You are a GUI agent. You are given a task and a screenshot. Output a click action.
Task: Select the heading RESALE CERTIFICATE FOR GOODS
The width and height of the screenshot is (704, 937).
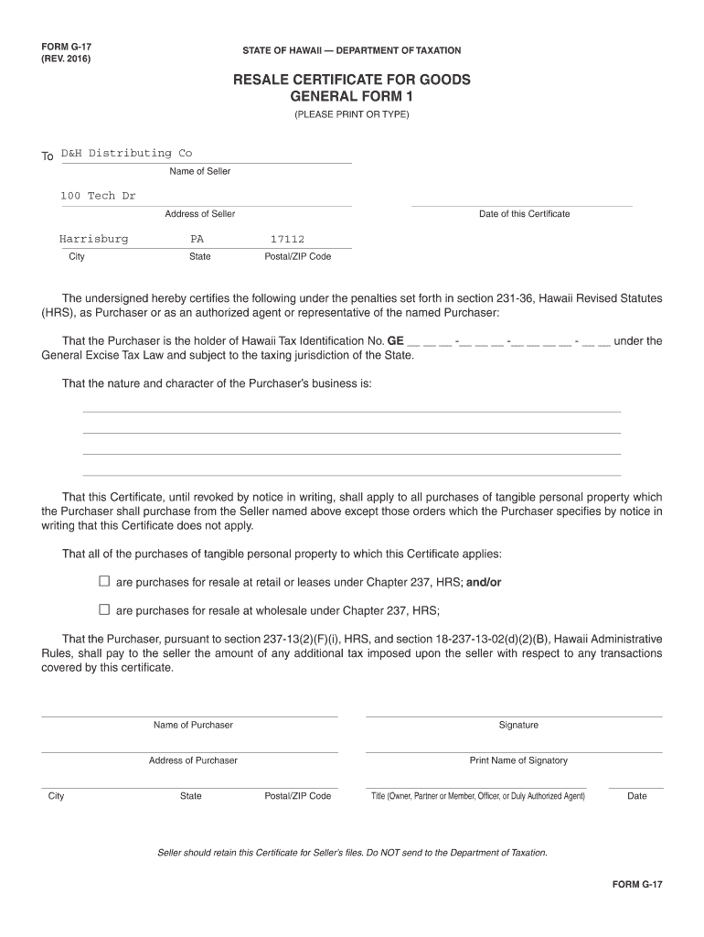click(352, 80)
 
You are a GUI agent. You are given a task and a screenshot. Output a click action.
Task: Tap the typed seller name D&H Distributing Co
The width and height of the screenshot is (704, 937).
click(126, 153)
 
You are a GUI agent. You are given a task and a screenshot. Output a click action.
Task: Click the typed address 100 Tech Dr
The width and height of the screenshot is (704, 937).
click(98, 196)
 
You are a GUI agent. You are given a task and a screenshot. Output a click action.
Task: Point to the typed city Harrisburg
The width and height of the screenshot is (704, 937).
click(94, 239)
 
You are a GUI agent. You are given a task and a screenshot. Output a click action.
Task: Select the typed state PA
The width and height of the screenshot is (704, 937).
click(197, 239)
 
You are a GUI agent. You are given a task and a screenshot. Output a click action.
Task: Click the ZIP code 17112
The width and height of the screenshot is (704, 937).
click(287, 240)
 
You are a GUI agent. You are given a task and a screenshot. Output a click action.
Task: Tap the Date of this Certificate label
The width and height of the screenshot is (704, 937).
click(524, 214)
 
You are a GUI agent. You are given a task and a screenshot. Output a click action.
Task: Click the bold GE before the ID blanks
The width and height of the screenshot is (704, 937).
click(396, 340)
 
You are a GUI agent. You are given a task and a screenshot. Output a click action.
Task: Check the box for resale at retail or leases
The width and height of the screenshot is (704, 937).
click(104, 581)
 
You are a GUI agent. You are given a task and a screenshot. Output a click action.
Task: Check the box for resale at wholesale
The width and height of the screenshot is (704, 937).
click(104, 609)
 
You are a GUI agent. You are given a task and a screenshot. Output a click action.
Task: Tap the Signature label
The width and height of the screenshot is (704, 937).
click(518, 725)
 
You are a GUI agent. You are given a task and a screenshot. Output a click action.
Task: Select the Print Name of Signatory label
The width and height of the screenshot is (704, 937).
click(518, 760)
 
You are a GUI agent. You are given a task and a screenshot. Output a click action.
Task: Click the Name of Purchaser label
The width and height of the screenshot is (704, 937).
click(193, 725)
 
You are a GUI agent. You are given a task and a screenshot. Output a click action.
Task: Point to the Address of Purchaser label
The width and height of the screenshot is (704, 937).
click(193, 760)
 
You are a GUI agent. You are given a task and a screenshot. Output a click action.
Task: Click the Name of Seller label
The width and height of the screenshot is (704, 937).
click(200, 171)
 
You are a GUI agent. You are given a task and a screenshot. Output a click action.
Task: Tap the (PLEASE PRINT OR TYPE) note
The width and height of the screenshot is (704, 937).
click(352, 114)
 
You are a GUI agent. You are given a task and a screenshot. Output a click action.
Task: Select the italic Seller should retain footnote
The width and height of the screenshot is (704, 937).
click(353, 853)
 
